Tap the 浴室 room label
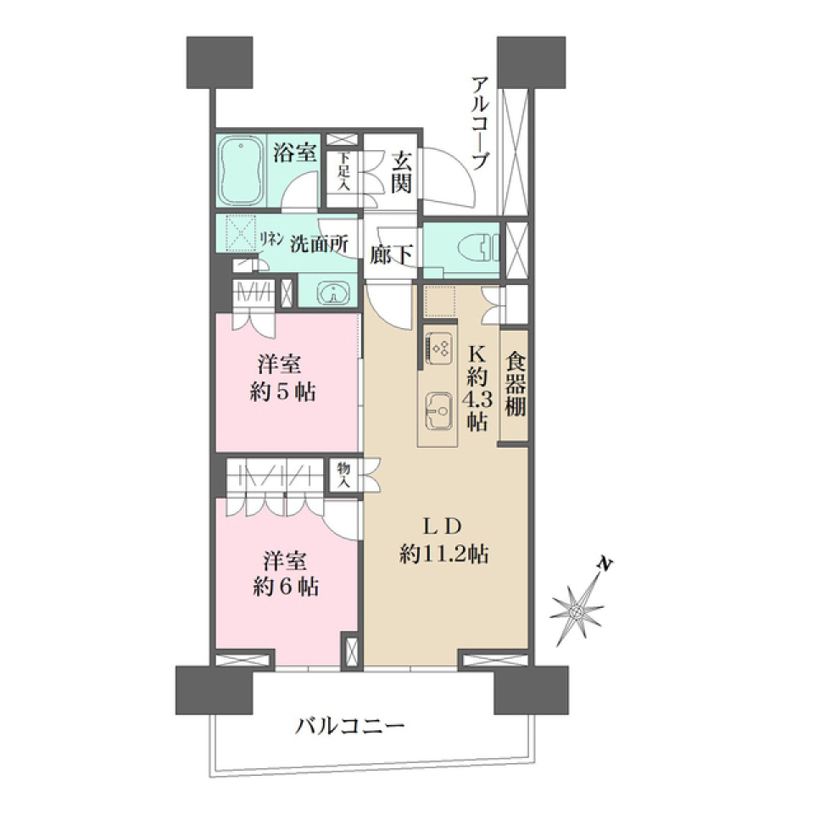[295, 153]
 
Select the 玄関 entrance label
[401, 170]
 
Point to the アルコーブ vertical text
[480, 124]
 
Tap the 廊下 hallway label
[391, 253]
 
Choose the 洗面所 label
[319, 242]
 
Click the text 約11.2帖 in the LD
[443, 555]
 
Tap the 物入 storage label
[344, 475]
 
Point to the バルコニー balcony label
[351, 726]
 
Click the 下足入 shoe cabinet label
[343, 171]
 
